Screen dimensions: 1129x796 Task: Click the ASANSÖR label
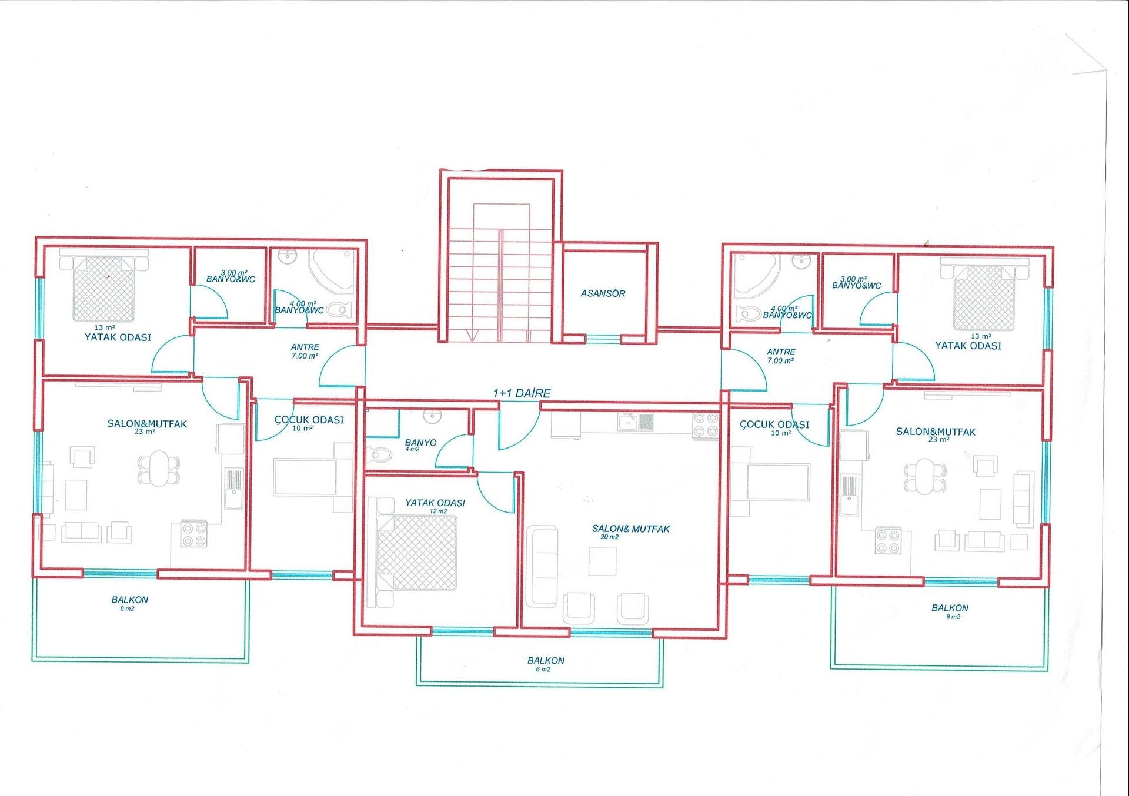(x=603, y=293)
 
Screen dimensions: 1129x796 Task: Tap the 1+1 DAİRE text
(x=522, y=393)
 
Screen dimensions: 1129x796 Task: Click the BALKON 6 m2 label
(x=546, y=664)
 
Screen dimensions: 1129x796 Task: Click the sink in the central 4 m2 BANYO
(x=432, y=416)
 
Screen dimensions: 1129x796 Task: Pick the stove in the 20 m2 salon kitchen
(x=706, y=426)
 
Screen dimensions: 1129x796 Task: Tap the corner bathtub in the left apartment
(x=333, y=271)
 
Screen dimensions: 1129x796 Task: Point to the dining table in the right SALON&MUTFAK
(x=926, y=477)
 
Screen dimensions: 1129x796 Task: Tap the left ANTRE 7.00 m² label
(x=305, y=352)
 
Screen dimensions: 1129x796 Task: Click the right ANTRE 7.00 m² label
(x=780, y=356)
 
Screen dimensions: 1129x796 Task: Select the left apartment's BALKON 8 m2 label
(x=129, y=604)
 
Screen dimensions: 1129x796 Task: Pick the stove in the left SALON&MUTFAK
(x=193, y=534)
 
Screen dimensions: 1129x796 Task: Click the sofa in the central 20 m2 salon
(x=542, y=567)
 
